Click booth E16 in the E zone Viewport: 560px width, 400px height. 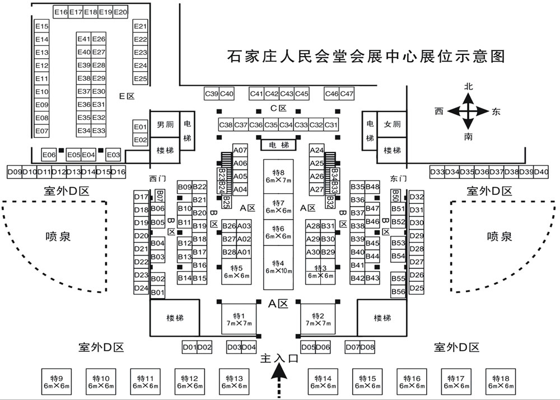click(60, 12)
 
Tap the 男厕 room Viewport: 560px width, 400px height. click(164, 124)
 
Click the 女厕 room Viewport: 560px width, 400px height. click(391, 124)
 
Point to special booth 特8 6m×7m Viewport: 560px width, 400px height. click(278, 176)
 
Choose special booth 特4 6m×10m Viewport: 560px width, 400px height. click(278, 267)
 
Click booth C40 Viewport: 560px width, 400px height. click(227, 94)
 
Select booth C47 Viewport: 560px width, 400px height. click(347, 94)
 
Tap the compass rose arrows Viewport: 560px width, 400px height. click(469, 111)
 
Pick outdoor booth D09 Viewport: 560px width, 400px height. click(13, 171)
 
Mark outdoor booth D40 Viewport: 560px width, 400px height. click(541, 171)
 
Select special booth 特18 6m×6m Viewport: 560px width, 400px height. click(500, 382)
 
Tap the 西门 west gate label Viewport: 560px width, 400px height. click(158, 179)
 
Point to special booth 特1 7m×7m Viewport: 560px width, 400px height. click(239, 319)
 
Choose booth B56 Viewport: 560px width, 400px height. click(398, 292)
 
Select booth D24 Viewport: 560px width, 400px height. click(141, 289)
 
